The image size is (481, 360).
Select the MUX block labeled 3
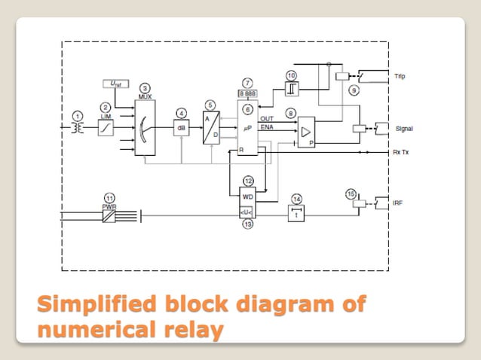[x=144, y=127]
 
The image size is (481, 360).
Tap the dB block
[x=182, y=127]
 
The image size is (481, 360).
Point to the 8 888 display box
[x=247, y=93]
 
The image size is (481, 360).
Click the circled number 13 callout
[x=247, y=224]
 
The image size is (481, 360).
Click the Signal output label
[x=403, y=129]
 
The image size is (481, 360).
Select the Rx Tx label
[x=402, y=153]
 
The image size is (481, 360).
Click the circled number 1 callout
[x=76, y=115]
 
